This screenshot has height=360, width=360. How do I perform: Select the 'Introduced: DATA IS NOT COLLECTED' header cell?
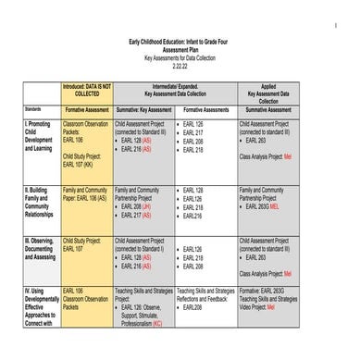86,90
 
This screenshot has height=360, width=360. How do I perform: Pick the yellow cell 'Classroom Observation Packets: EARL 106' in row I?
84,128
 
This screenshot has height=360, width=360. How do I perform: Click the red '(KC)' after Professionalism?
156,325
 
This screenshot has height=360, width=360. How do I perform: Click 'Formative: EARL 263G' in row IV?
266,290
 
